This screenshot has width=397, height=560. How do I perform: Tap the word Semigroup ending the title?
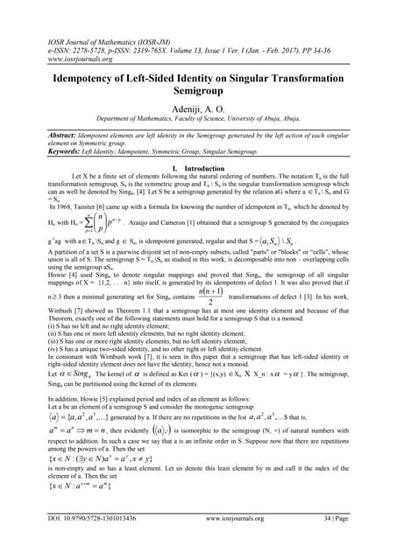pos(198,93)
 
